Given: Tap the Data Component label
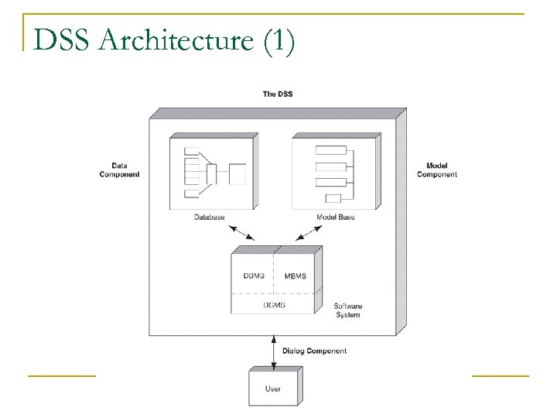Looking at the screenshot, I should [120, 170].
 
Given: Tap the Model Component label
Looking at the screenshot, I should [437, 170].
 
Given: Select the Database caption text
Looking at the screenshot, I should [209, 218].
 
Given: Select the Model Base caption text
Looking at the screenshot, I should [336, 218].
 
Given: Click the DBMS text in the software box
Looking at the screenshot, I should [253, 276].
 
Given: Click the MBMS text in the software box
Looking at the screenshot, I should [296, 276].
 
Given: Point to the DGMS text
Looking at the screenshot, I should [274, 305].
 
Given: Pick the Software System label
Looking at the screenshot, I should [347, 311].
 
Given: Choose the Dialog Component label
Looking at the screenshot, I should [316, 351].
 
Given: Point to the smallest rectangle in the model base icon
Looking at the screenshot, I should [333, 197].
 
